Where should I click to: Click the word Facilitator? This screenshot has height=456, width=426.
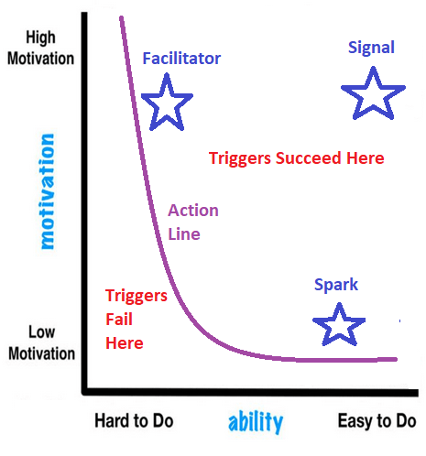181,59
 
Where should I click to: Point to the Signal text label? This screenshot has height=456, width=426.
371,49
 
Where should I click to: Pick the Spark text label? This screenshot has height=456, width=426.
336,285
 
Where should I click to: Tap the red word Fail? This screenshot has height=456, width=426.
119,320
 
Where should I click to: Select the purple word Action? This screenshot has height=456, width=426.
193,211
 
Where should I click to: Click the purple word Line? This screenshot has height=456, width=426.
184,234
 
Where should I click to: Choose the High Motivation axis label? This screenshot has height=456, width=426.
41,48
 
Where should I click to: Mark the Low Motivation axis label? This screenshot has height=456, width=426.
41,342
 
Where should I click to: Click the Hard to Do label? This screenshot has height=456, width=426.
134,420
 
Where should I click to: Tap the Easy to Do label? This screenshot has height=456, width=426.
377,420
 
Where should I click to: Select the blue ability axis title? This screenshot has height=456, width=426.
256,422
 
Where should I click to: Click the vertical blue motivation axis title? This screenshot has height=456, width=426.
48,191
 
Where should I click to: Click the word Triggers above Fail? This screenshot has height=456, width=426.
137,296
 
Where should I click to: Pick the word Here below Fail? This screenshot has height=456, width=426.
125,343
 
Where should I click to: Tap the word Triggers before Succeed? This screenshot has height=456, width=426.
240,158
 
